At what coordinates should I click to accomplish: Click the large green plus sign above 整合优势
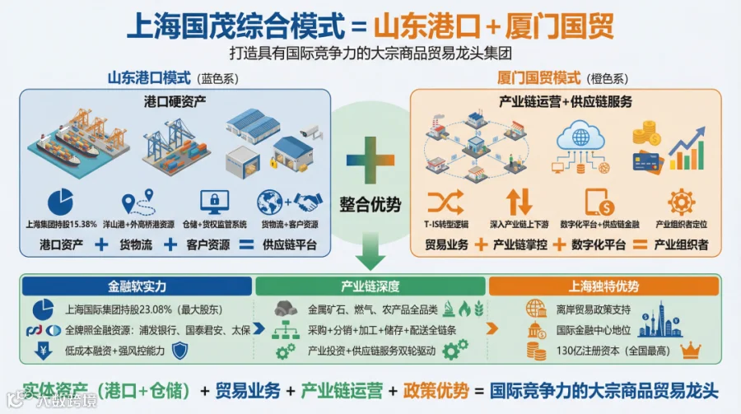pyautogui.click(x=370, y=158)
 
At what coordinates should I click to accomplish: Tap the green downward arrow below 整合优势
pyautogui.click(x=370, y=251)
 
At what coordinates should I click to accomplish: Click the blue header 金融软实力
pyautogui.click(x=137, y=286)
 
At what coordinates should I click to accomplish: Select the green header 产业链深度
pyautogui.click(x=370, y=286)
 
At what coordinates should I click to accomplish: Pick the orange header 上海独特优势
pyautogui.click(x=604, y=286)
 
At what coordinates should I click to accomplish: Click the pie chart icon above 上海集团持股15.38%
pyautogui.click(x=61, y=201)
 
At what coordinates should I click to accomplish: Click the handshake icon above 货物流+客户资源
pyautogui.click(x=308, y=201)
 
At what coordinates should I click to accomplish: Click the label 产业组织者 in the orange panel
pyautogui.click(x=682, y=244)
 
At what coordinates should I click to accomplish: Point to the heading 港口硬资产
pyautogui.click(x=175, y=101)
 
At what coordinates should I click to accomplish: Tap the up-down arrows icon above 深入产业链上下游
pyautogui.click(x=519, y=202)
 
